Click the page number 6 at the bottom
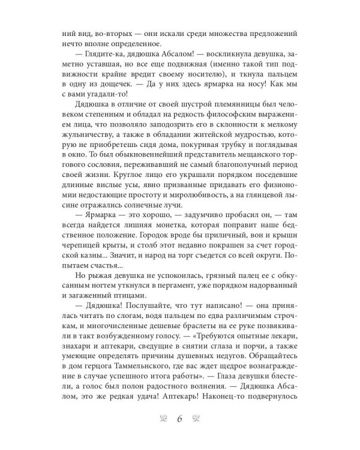click(179, 419)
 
